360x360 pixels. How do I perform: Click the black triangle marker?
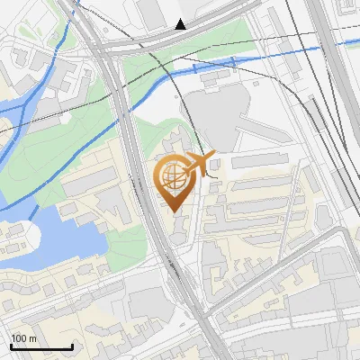181,24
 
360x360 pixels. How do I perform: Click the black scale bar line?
41,346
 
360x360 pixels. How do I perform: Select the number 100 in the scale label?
19,338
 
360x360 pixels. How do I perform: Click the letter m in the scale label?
32,338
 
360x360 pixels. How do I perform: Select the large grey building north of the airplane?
216,117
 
